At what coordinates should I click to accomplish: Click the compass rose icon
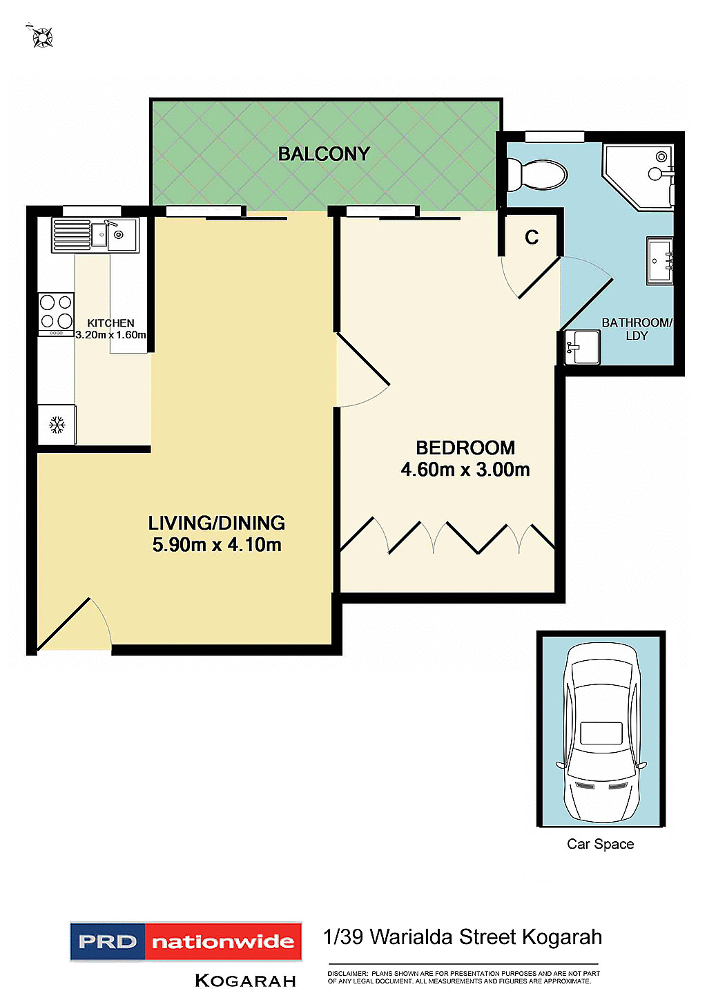42,37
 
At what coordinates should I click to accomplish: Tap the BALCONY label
324,154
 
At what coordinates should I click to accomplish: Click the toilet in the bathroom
537,175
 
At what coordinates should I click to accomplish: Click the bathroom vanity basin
659,260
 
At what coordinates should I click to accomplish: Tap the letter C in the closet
531,238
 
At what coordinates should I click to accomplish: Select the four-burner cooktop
56,312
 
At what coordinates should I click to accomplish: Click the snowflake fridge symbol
57,425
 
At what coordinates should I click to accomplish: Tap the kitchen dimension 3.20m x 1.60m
111,335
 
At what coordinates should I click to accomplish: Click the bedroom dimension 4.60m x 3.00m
465,470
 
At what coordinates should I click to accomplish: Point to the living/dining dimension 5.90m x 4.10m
217,545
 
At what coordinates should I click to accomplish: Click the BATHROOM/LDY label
636,329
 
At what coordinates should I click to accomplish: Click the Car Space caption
600,844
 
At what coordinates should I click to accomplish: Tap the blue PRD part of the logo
108,942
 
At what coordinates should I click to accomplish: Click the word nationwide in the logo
223,942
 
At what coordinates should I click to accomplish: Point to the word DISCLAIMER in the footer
347,974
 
